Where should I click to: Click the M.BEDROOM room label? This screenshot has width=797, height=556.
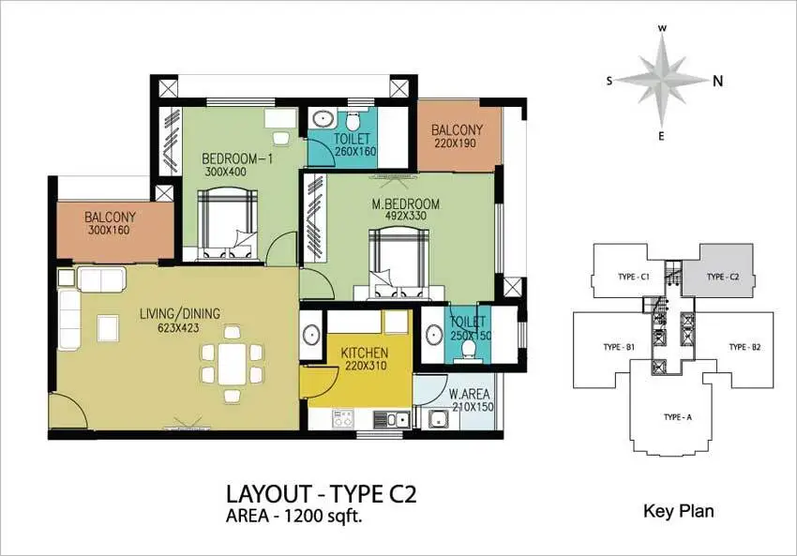(x=406, y=204)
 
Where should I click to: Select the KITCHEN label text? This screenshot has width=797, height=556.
(x=365, y=353)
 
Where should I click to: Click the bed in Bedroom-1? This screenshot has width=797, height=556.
(x=227, y=224)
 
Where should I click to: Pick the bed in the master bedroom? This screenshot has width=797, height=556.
(x=399, y=263)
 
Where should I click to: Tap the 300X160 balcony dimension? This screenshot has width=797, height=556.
(x=109, y=231)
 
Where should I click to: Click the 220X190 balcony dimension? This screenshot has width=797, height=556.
(x=456, y=143)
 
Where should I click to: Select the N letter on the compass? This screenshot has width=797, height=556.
(x=717, y=81)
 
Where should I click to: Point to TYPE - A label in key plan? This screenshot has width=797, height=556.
(x=678, y=417)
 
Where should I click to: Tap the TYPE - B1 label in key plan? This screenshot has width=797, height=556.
(x=619, y=347)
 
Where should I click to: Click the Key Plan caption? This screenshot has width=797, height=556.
(x=679, y=511)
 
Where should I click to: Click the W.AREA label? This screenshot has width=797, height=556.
(x=469, y=394)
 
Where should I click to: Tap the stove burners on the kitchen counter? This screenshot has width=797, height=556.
(x=342, y=418)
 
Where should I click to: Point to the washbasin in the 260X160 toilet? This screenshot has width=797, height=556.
(x=322, y=120)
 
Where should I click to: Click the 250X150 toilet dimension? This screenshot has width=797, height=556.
(x=472, y=336)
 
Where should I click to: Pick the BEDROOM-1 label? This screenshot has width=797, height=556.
(x=237, y=159)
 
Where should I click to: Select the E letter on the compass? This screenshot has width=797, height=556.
(x=661, y=136)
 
